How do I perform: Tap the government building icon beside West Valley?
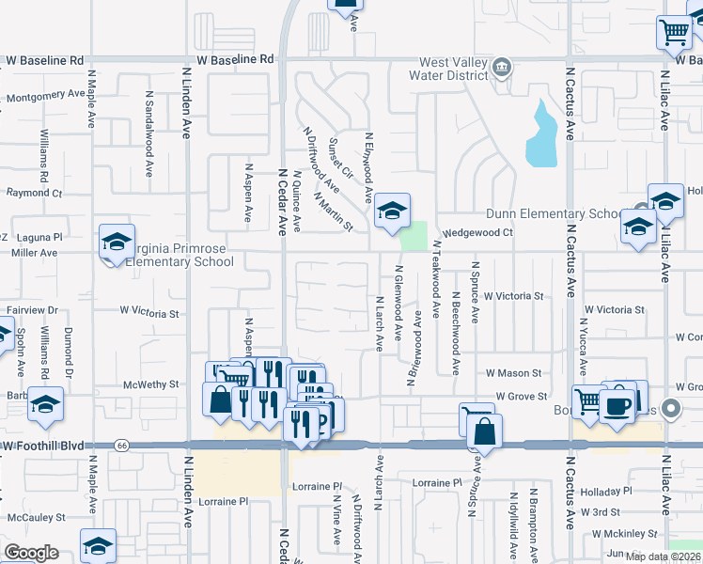tap(503, 67)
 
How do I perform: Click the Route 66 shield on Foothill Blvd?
tap(122, 444)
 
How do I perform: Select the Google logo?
tap(31, 553)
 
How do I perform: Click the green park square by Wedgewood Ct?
tap(413, 236)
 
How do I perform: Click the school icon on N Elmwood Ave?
tap(392, 211)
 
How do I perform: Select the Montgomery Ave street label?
tap(45, 95)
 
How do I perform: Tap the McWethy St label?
tap(144, 384)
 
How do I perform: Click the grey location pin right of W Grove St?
tap(670, 409)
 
